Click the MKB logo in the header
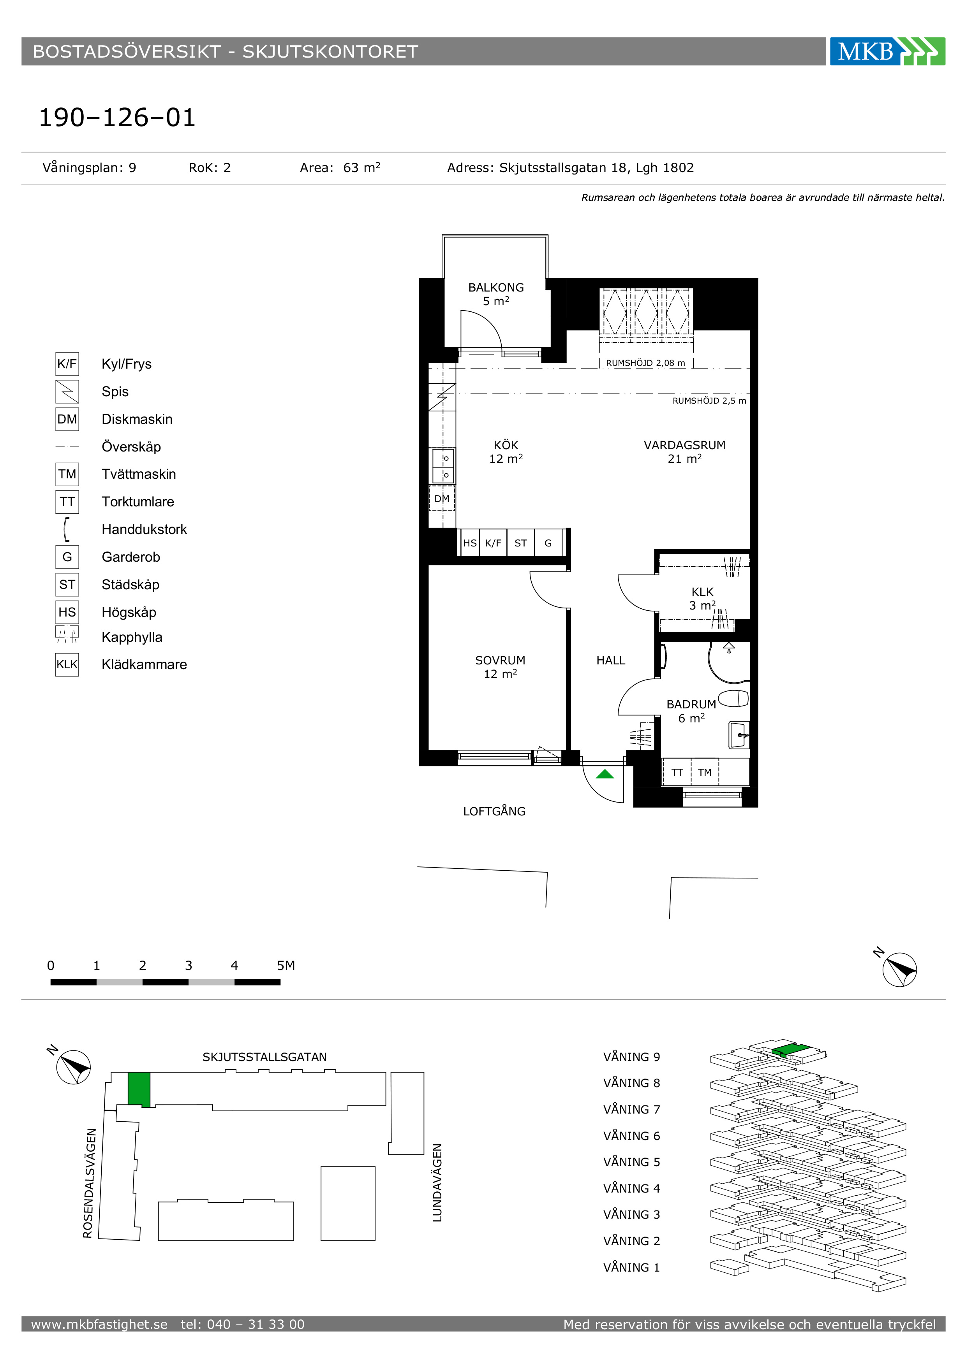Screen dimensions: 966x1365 coord(887,51)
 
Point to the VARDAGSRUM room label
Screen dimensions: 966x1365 coord(685,445)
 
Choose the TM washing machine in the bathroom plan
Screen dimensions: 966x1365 coord(705,772)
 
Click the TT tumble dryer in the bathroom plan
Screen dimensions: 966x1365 coord(677,772)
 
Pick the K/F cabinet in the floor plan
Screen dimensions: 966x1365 coord(493,543)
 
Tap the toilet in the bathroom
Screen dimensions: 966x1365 coord(733,699)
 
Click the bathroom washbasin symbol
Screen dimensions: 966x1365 coord(739,735)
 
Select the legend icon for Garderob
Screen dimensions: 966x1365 coord(67,557)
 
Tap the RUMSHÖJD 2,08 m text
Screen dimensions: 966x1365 coord(645,363)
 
